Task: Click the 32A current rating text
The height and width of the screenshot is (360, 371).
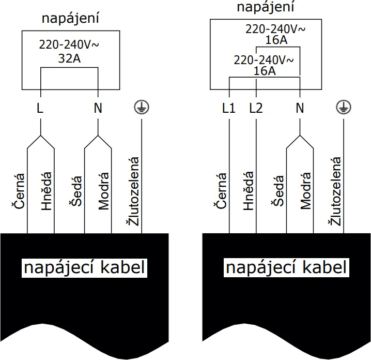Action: (x=69, y=59)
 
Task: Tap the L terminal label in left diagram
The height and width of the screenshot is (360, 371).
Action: (x=40, y=109)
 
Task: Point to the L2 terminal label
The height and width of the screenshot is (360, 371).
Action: (x=256, y=109)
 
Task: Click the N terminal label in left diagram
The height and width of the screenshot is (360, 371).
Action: (x=98, y=109)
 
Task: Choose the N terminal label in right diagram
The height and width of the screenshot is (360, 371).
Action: (x=300, y=109)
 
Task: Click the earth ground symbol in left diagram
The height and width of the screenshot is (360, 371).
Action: (x=141, y=108)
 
